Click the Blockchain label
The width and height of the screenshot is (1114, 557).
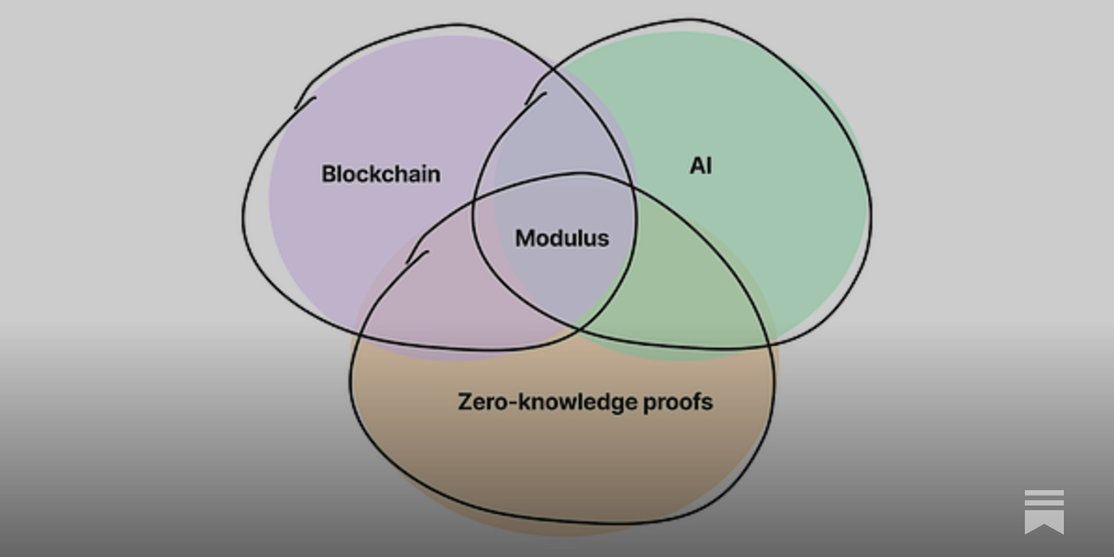[381, 174]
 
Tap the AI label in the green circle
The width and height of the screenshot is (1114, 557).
[700, 166]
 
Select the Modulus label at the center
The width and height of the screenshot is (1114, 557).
[562, 238]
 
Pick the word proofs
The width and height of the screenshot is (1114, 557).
[677, 402]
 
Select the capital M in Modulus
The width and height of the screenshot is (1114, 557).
[524, 238]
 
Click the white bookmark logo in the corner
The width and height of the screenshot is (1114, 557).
[1044, 511]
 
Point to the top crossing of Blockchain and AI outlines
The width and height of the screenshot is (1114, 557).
[554, 70]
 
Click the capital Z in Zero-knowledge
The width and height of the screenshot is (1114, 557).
[464, 402]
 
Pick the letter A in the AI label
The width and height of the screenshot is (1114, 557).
[696, 166]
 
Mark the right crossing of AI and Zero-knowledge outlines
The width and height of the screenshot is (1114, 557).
[768, 344]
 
